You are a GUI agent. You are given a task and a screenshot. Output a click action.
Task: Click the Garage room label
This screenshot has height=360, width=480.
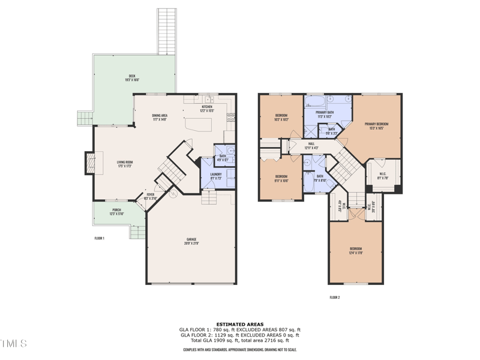tap(191, 241)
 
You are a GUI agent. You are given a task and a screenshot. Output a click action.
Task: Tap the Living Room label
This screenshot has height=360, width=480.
tap(124, 163)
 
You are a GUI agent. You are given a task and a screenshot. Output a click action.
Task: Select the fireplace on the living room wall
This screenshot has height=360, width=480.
tap(89, 162)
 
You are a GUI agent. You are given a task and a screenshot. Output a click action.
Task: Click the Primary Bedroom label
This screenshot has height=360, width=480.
tap(376, 126)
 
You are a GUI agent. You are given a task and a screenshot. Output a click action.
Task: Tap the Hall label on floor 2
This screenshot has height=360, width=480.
tap(311, 145)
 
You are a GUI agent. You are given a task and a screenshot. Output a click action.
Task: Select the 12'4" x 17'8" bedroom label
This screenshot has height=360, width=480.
tap(356, 251)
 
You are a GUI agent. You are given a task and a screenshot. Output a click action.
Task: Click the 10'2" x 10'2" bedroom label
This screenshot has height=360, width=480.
tap(281, 117)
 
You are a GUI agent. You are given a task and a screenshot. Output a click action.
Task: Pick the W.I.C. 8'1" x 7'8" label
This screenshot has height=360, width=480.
tap(382, 176)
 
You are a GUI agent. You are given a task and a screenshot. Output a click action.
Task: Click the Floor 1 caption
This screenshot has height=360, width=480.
tap(100, 238)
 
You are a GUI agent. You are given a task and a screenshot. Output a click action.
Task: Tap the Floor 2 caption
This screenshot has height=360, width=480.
tap(335, 297)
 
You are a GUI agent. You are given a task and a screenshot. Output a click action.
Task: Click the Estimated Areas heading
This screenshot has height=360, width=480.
tap(239, 325)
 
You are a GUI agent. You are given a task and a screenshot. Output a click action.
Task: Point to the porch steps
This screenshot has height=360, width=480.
tap(137, 232)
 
